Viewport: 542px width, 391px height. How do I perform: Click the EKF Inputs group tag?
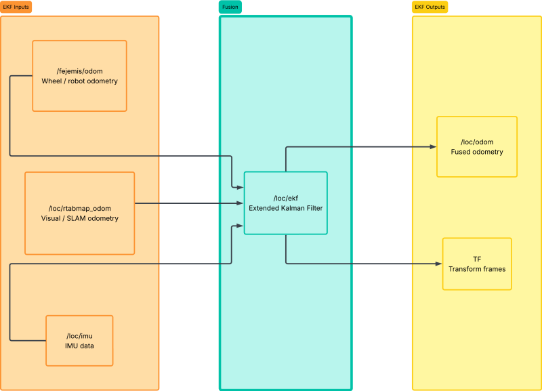16,7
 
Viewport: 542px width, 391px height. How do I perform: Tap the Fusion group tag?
230,7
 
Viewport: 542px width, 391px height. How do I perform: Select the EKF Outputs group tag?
430,7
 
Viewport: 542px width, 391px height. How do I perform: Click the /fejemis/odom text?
79,71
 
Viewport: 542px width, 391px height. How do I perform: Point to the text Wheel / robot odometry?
79,81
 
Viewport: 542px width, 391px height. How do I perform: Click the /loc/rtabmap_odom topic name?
80,209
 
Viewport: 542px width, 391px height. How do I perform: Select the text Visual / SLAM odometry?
80,218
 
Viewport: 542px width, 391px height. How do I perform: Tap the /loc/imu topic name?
79,336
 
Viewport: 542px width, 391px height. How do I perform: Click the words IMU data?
79,346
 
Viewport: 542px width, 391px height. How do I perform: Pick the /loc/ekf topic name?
285,199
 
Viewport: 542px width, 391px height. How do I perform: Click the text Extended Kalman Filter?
285,208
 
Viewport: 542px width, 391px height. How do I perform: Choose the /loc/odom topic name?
477,142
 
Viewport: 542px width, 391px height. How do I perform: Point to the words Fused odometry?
477,152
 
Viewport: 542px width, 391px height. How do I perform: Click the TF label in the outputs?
477,260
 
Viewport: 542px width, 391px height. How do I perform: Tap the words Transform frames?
477,269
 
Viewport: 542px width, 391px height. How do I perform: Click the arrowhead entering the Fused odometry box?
433,147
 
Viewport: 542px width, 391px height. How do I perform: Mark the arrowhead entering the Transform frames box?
439,264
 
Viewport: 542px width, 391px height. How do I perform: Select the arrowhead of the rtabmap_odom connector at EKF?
241,203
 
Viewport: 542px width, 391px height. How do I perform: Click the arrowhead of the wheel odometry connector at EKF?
241,188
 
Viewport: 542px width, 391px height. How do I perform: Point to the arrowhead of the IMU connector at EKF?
241,226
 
